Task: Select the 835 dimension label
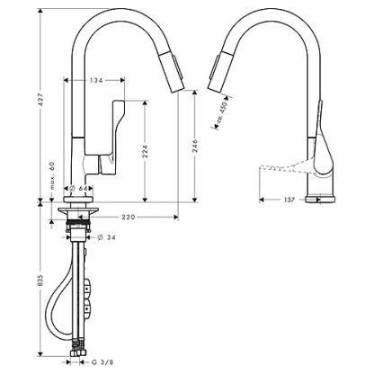tap(41, 280)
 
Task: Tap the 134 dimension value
tap(96, 80)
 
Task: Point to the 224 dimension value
tap(145, 152)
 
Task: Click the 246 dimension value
tap(195, 146)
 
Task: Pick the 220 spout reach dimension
tap(129, 217)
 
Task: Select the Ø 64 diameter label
tap(77, 189)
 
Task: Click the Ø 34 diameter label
tap(107, 237)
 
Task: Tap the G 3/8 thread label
tap(102, 362)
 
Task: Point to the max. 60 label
tap(52, 175)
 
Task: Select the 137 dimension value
tap(289, 200)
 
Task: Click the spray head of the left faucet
tap(171, 72)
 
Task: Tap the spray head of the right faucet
tap(220, 72)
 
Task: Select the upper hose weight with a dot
tap(87, 288)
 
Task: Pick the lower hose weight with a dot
tap(87, 307)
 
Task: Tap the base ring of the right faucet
tap(320, 200)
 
